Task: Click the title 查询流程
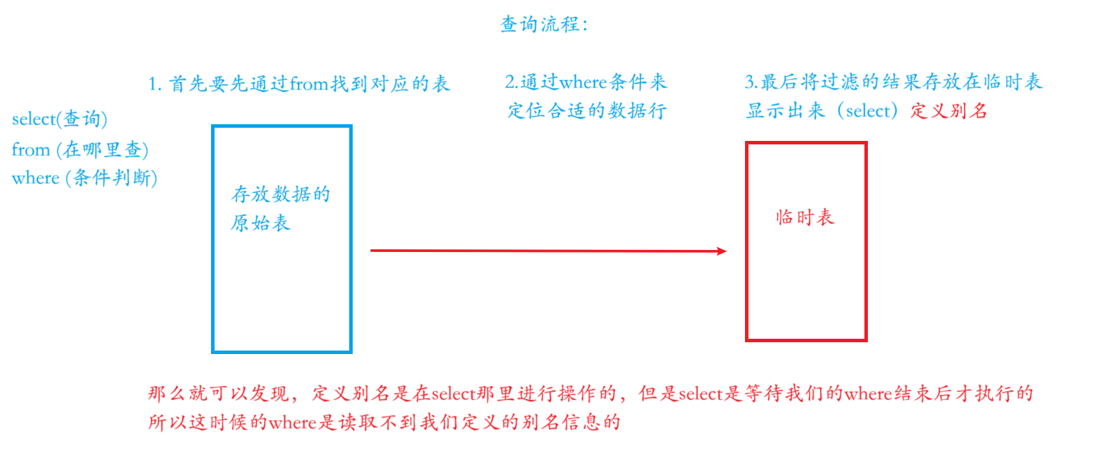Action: (544, 24)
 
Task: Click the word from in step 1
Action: (309, 84)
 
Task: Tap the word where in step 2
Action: (583, 83)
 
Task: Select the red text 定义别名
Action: (948, 110)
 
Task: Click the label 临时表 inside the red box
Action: (805, 217)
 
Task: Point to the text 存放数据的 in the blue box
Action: (280, 194)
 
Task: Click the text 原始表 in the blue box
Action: (260, 223)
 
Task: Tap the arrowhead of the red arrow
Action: (722, 251)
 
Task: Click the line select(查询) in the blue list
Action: (60, 119)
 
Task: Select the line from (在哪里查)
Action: (80, 149)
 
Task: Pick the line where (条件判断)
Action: (85, 178)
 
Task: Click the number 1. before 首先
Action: (155, 85)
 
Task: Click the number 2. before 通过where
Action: (511, 83)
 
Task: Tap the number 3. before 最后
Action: (751, 83)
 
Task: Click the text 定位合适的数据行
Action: (587, 110)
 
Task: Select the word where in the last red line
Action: (292, 422)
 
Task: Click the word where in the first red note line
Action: (868, 394)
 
